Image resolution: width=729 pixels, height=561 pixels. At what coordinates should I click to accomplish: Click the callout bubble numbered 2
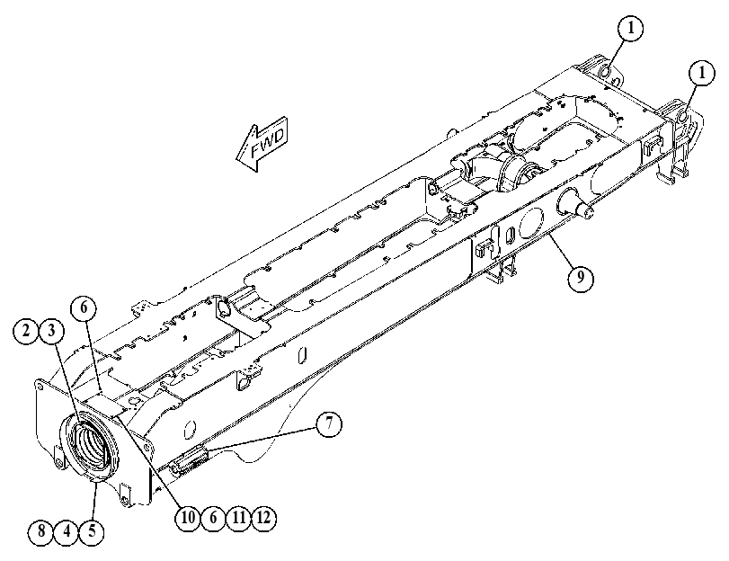coord(26,331)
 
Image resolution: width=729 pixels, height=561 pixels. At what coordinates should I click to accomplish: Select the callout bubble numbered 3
coord(51,331)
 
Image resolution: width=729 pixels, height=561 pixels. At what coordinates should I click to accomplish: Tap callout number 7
coord(329,424)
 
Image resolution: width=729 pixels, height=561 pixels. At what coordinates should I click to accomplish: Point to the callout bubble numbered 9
coord(581,278)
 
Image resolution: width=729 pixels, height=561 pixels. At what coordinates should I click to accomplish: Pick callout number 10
coord(188,517)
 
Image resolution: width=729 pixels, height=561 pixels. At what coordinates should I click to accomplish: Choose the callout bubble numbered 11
coord(238,517)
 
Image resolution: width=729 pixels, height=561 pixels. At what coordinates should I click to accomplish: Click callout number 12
coord(263,517)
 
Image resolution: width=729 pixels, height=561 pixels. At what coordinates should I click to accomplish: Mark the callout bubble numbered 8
coord(41,530)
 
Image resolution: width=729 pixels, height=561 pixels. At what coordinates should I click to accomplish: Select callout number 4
coord(67,530)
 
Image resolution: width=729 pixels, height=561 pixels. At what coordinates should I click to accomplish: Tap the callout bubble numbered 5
coord(92,530)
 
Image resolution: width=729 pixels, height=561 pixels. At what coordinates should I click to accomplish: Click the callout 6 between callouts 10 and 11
coord(213,517)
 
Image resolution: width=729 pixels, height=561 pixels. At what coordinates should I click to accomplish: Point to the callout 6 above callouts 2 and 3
coord(84,308)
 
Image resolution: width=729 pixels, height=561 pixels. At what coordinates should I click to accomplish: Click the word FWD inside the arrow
coord(267,143)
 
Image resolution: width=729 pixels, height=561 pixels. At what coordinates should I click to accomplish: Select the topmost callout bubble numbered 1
coord(631,29)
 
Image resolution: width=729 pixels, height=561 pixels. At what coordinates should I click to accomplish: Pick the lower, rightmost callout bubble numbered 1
coord(701,74)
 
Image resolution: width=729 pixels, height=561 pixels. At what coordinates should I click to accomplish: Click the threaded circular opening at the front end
coord(91,445)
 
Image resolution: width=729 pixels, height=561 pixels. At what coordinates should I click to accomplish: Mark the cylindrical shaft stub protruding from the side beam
coord(577,202)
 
